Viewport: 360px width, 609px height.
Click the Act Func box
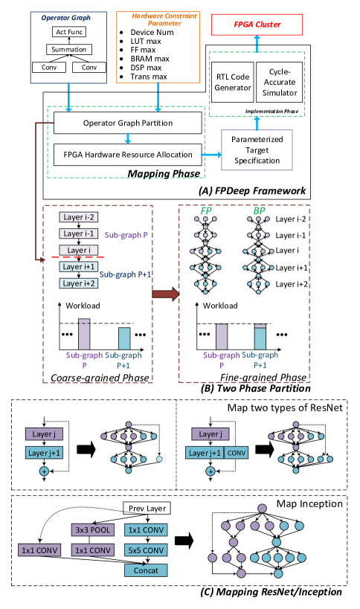69,32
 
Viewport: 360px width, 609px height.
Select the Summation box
69,50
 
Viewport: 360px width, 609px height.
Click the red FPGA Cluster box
257,25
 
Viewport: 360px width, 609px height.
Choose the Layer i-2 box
79,217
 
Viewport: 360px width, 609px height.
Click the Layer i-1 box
79,233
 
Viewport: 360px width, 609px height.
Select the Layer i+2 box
79,283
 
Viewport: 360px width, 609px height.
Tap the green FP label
206,211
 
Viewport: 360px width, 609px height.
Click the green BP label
260,211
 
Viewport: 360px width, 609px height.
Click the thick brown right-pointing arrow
166,294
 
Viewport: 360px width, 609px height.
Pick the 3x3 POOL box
93,530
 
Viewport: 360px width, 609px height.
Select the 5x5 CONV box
146,550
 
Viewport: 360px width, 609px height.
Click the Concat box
146,570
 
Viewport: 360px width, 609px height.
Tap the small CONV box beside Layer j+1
237,453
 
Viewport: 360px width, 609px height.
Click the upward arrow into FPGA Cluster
257,45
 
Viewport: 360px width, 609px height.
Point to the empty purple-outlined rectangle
257,150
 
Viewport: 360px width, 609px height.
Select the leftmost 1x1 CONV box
39,550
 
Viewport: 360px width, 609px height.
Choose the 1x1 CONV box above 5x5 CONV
146,530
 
